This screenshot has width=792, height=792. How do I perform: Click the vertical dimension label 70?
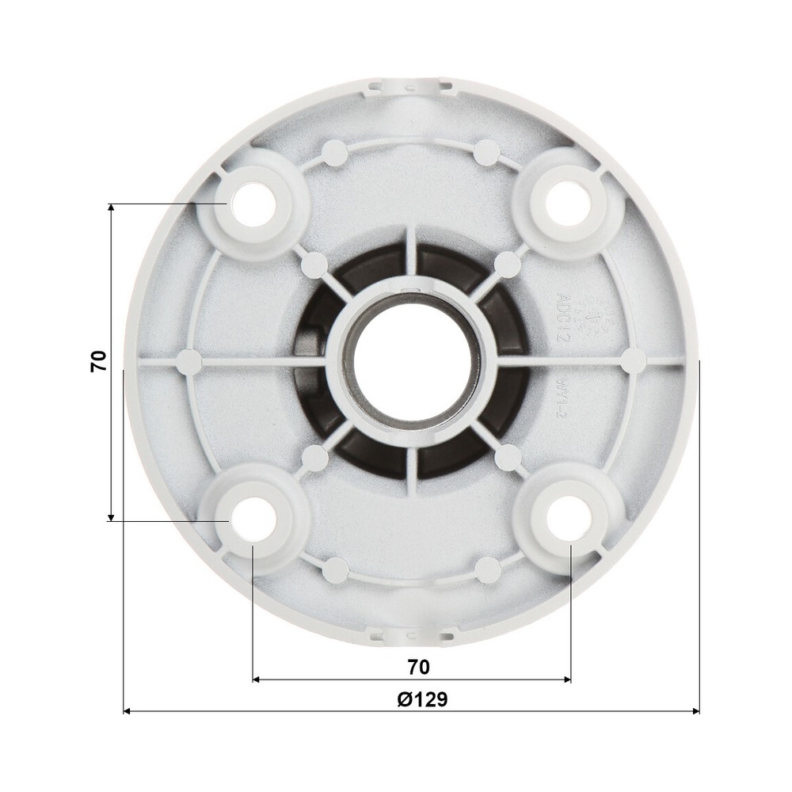[98, 362]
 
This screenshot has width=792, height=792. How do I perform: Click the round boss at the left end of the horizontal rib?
[188, 362]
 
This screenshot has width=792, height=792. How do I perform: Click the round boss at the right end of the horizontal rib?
[634, 360]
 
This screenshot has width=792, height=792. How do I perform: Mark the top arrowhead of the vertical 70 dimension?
[111, 208]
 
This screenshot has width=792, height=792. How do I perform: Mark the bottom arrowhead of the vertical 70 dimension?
[111, 516]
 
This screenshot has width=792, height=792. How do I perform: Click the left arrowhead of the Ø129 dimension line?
[128, 710]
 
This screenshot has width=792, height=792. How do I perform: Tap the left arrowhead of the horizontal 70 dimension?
[257, 679]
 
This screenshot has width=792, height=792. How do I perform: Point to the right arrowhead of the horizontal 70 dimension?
[566, 679]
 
